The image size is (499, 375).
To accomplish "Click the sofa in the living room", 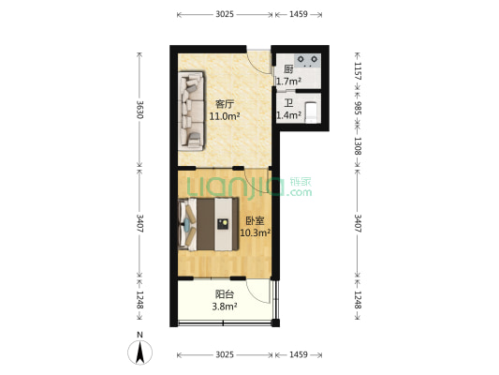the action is (x=191, y=111).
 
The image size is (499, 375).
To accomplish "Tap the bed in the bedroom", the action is (x=209, y=224).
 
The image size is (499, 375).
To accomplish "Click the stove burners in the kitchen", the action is (x=307, y=60).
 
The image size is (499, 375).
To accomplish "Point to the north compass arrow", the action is (x=140, y=352).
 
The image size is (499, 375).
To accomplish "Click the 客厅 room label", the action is (x=225, y=104).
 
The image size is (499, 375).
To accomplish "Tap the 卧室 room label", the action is (x=255, y=220).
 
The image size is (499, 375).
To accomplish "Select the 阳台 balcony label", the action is (x=225, y=294).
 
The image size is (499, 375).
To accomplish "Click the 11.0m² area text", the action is (x=225, y=116).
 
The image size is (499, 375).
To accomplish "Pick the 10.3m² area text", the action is (x=255, y=232).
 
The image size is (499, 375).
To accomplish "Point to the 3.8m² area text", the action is (x=225, y=307).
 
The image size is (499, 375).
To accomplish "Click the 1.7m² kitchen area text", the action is (x=288, y=82).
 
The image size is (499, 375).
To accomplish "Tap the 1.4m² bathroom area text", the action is (x=288, y=115).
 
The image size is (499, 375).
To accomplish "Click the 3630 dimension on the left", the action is (x=139, y=110).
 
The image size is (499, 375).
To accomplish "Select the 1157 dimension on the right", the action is (x=358, y=70).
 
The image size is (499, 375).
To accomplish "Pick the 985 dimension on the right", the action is (x=358, y=108).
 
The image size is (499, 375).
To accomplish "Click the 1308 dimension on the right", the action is (x=358, y=146).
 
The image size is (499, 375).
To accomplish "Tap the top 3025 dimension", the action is (x=225, y=14).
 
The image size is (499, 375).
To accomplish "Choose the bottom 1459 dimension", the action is (x=299, y=354).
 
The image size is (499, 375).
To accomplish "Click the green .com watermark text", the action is (x=299, y=192).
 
